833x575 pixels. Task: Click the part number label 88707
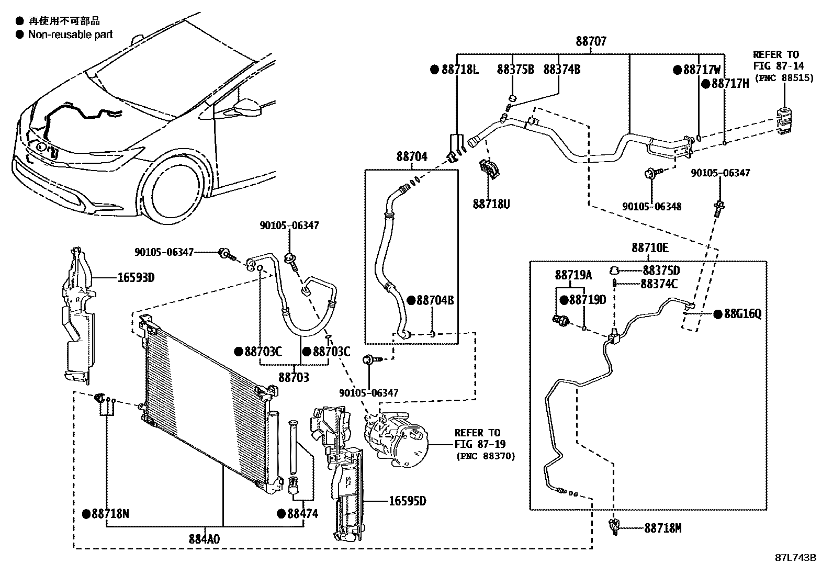pos(591,41)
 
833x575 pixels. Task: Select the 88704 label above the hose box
pos(411,156)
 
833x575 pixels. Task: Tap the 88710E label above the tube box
pos(650,247)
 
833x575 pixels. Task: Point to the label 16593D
pos(137,277)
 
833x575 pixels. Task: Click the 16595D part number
pos(407,501)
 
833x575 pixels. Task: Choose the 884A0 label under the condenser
pos(205,538)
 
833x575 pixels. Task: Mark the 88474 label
pos(302,514)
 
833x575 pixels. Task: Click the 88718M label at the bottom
pos(663,528)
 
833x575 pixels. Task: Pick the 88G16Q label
pos(742,314)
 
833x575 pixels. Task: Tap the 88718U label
pos(491,204)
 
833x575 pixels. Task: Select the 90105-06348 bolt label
pos(652,206)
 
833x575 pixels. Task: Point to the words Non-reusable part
pos(70,35)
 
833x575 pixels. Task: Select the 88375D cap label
pos(661,270)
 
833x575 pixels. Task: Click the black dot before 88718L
pos(434,70)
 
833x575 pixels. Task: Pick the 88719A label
pos(573,275)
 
